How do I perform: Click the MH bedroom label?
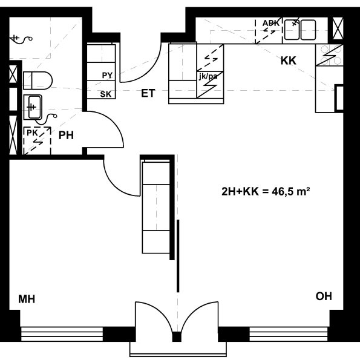click(27, 299)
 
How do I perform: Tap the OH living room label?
click(324, 296)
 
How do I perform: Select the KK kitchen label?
click(289, 61)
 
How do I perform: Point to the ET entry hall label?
click(148, 93)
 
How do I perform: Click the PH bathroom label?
click(66, 136)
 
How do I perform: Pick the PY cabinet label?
click(107, 75)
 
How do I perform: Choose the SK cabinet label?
click(106, 94)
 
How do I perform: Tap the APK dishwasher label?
click(271, 23)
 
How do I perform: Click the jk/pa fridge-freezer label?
click(208, 76)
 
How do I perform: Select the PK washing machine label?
click(32, 133)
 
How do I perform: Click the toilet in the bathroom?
click(38, 80)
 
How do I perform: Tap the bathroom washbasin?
click(33, 107)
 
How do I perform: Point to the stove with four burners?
click(329, 55)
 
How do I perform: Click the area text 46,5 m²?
click(291, 191)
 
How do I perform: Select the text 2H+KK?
click(240, 191)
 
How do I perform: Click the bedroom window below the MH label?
click(62, 334)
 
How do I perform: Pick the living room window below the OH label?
click(289, 334)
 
